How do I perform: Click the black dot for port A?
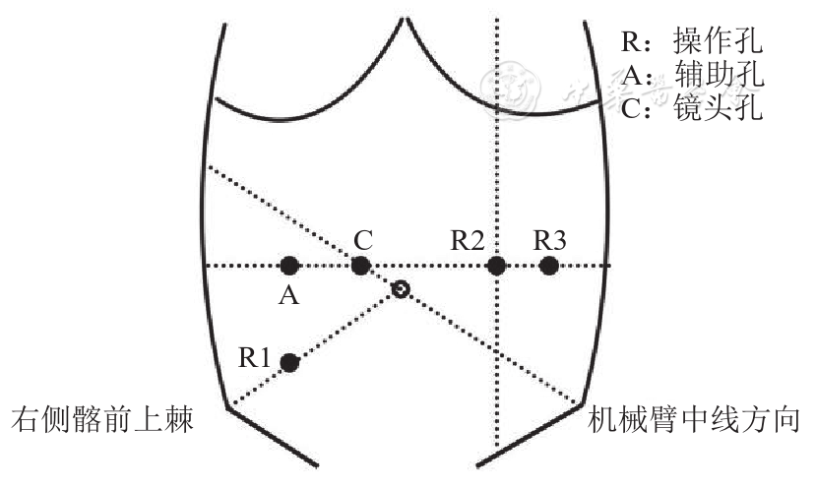(x=288, y=266)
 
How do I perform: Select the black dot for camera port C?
(x=361, y=266)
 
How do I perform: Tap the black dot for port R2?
(x=497, y=266)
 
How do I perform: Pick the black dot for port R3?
(x=549, y=266)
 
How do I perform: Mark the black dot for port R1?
(x=289, y=363)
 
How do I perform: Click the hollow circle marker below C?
(x=400, y=289)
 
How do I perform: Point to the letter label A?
(x=288, y=295)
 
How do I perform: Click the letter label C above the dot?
(x=362, y=239)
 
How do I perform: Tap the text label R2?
(x=467, y=239)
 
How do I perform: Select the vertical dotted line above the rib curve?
(x=497, y=49)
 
